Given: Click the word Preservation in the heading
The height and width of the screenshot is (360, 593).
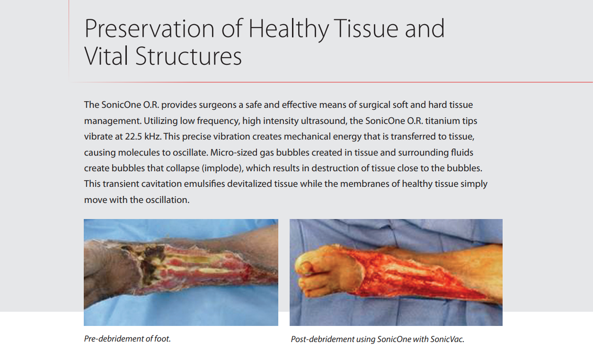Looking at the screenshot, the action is (149, 28).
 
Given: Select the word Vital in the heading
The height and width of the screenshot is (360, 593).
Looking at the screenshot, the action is (106, 56).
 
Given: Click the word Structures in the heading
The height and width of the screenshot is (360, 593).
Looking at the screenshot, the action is (188, 56).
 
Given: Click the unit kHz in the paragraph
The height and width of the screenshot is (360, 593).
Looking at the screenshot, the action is (152, 137).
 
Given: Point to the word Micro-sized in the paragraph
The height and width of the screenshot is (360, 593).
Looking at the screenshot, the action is (234, 153).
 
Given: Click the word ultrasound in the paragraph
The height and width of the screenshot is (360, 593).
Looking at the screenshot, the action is (324, 121).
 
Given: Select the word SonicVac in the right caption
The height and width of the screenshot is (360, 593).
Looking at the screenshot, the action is (447, 339).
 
